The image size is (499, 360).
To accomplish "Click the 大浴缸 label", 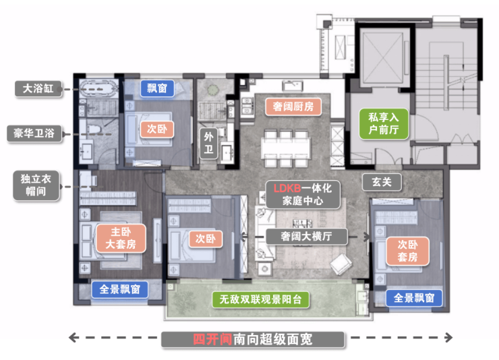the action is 38,89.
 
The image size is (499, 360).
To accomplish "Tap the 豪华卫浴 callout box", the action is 34,133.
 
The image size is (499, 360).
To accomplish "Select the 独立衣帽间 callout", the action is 36,185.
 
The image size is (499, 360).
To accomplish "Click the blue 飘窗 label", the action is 157,88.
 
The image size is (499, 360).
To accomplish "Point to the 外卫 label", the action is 209,143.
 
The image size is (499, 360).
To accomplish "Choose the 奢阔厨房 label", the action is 293,107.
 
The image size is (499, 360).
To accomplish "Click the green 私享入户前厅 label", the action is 384,124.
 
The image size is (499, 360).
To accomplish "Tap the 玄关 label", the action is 382,182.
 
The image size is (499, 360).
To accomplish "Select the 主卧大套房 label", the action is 121,238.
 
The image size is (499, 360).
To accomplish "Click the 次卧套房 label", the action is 407,251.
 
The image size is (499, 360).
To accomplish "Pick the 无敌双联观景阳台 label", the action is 261,299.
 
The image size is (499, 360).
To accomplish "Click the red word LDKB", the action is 287,189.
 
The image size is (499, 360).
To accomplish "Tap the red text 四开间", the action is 212,340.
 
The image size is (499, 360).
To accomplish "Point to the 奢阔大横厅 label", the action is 306,236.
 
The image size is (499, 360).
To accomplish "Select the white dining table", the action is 286,148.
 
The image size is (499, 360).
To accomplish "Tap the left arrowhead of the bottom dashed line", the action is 73,338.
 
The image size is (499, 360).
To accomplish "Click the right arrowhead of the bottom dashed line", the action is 448,338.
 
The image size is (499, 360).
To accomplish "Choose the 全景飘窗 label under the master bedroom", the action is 120,289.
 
